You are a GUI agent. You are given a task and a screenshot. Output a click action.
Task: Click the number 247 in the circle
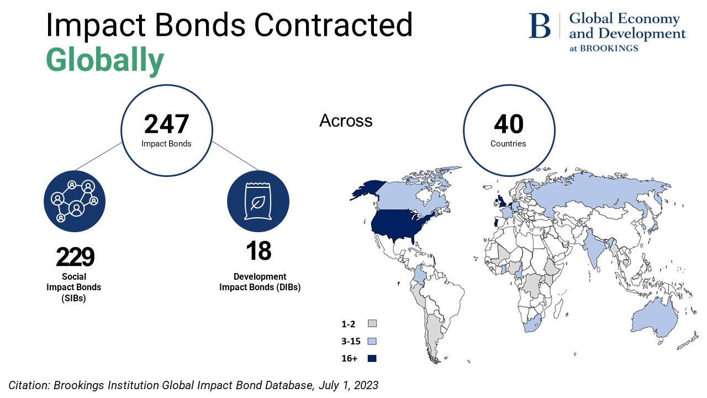166,124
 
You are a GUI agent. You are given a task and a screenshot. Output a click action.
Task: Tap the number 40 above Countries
508,124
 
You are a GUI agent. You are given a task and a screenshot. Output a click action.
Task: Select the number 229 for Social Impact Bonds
75,256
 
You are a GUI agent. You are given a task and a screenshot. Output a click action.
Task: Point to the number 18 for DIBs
258,251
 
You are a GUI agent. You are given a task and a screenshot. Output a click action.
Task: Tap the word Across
346,121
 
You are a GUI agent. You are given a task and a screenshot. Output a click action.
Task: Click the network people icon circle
75,201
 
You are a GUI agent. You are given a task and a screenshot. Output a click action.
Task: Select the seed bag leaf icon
257,201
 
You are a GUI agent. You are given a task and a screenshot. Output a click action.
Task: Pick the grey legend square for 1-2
372,323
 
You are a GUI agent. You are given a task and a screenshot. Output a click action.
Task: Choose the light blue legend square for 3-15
372,341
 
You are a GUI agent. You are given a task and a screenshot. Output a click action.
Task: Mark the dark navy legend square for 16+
372,358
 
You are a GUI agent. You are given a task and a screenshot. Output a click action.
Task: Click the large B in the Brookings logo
540,26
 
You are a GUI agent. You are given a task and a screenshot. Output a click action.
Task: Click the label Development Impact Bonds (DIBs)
260,281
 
